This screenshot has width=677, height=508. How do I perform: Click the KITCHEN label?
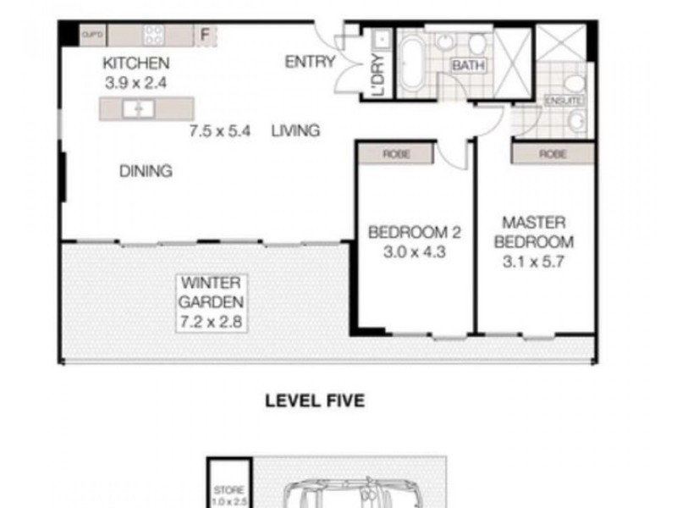click(x=136, y=63)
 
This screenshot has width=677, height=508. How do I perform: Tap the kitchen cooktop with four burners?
click(x=154, y=35)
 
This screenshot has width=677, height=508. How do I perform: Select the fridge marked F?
click(x=204, y=36)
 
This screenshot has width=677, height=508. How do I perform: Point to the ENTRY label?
click(x=310, y=62)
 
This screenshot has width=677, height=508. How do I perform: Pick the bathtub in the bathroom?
click(x=414, y=63)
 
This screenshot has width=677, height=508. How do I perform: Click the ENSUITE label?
click(x=564, y=101)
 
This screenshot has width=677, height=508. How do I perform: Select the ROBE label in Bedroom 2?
click(x=395, y=154)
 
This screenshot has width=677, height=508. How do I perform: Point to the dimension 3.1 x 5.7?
click(x=534, y=261)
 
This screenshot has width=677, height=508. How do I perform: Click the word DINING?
click(x=146, y=171)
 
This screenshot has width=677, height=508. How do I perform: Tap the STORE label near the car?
click(x=228, y=489)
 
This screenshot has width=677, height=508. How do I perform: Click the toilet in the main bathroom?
click(x=476, y=44)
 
